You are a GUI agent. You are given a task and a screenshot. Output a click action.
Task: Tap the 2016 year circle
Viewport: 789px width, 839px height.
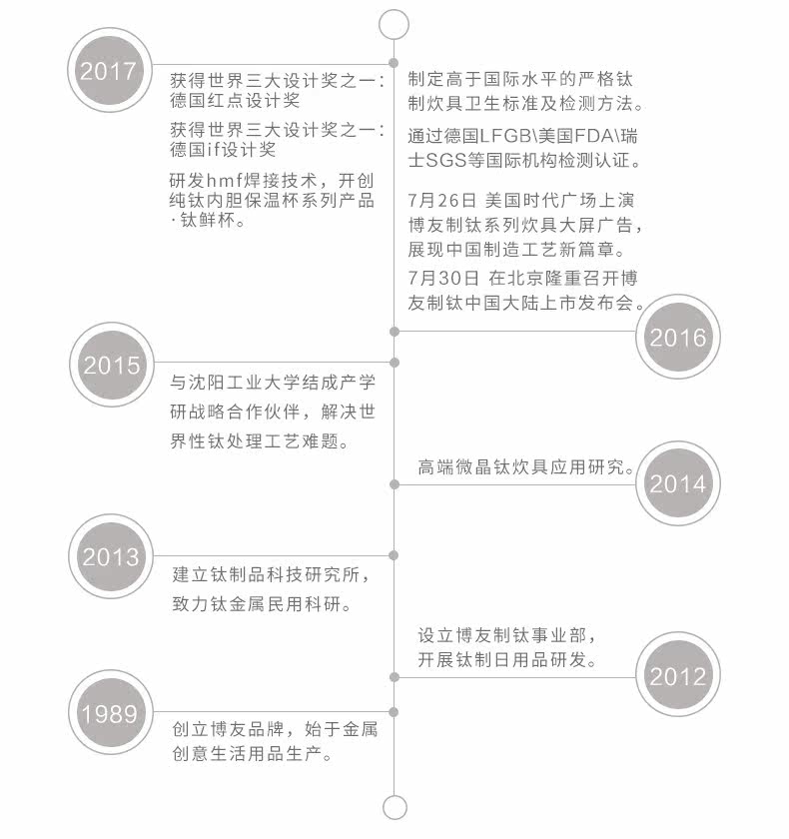(677, 337)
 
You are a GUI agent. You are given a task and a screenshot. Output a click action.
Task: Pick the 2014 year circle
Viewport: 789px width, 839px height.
(677, 484)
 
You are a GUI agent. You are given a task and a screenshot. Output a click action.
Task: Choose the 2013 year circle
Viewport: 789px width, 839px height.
(111, 556)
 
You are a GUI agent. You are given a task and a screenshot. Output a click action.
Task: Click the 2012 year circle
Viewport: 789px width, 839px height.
(677, 676)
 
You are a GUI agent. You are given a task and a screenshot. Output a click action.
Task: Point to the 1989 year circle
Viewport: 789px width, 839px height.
(111, 712)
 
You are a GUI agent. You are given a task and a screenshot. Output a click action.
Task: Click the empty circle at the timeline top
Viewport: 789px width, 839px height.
(395, 23)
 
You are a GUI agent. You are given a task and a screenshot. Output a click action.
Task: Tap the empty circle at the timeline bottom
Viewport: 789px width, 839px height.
(395, 807)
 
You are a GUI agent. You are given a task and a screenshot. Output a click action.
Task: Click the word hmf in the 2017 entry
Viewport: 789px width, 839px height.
(226, 180)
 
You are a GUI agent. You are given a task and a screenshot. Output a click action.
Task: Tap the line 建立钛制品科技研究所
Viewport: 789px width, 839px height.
(270, 576)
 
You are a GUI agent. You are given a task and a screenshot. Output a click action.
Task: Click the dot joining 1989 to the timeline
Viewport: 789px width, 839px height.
(395, 712)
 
